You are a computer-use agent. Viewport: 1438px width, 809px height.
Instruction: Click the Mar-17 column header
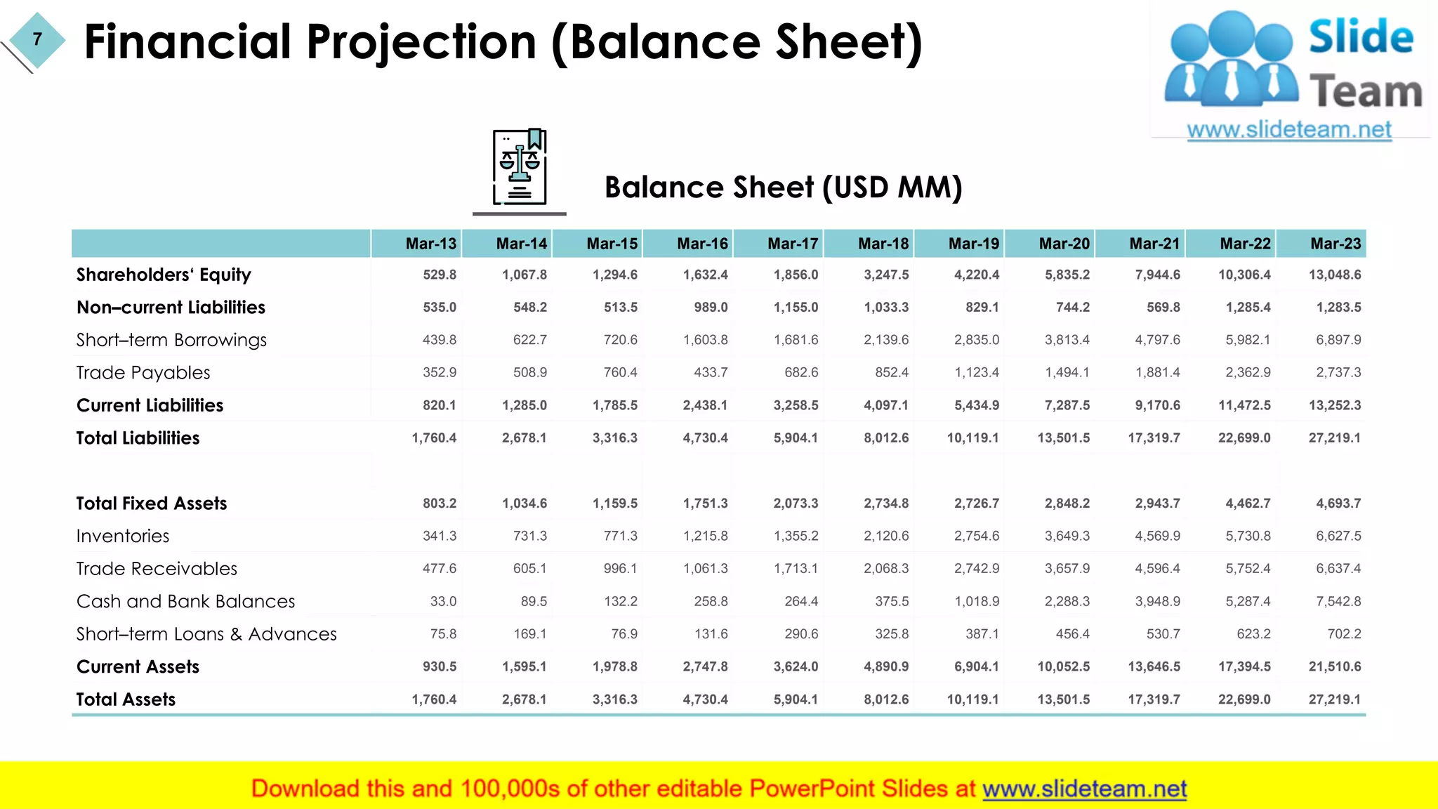[x=793, y=244]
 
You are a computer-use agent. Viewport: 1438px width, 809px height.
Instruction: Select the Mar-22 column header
[x=1245, y=244]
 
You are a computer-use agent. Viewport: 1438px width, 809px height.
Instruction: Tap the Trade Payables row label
[x=143, y=373]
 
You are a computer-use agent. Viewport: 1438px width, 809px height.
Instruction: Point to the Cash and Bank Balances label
[x=185, y=602]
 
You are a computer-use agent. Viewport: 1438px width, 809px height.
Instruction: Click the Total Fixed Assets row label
[x=152, y=504]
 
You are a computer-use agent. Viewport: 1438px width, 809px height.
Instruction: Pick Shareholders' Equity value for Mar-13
[x=439, y=275]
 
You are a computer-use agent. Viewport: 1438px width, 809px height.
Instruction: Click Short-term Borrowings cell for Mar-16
[x=705, y=340]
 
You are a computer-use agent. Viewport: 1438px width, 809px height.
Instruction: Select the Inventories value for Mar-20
[x=1067, y=536]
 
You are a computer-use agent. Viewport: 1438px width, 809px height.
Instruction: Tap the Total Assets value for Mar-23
[x=1334, y=699]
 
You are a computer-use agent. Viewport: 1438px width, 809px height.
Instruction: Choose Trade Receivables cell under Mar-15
[x=620, y=569]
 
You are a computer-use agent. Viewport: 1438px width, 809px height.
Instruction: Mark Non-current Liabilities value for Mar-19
[x=982, y=308]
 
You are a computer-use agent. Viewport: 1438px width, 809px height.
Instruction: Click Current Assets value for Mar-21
[x=1154, y=666]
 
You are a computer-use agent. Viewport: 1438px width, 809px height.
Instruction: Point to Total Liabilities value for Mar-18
[x=885, y=438]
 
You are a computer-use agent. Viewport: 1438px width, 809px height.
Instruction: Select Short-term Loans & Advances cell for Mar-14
[x=529, y=634]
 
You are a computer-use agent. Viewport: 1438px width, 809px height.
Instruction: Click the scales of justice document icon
[x=520, y=167]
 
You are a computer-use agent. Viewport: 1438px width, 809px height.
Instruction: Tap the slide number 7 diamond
[x=37, y=40]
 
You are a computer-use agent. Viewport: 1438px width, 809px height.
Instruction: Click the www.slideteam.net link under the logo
[x=1288, y=130]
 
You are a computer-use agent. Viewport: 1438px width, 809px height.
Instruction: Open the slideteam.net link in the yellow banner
[x=1084, y=789]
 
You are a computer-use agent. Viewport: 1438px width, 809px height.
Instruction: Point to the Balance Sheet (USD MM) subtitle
[x=783, y=188]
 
